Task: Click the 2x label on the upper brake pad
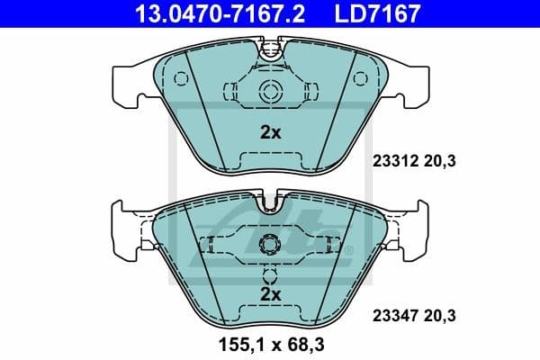coord(270,132)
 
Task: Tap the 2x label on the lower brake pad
coord(270,294)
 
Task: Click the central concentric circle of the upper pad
coord(270,89)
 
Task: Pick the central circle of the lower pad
coord(269,245)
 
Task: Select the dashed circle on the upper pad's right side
coord(357,79)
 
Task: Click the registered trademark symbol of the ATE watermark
coord(349,249)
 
